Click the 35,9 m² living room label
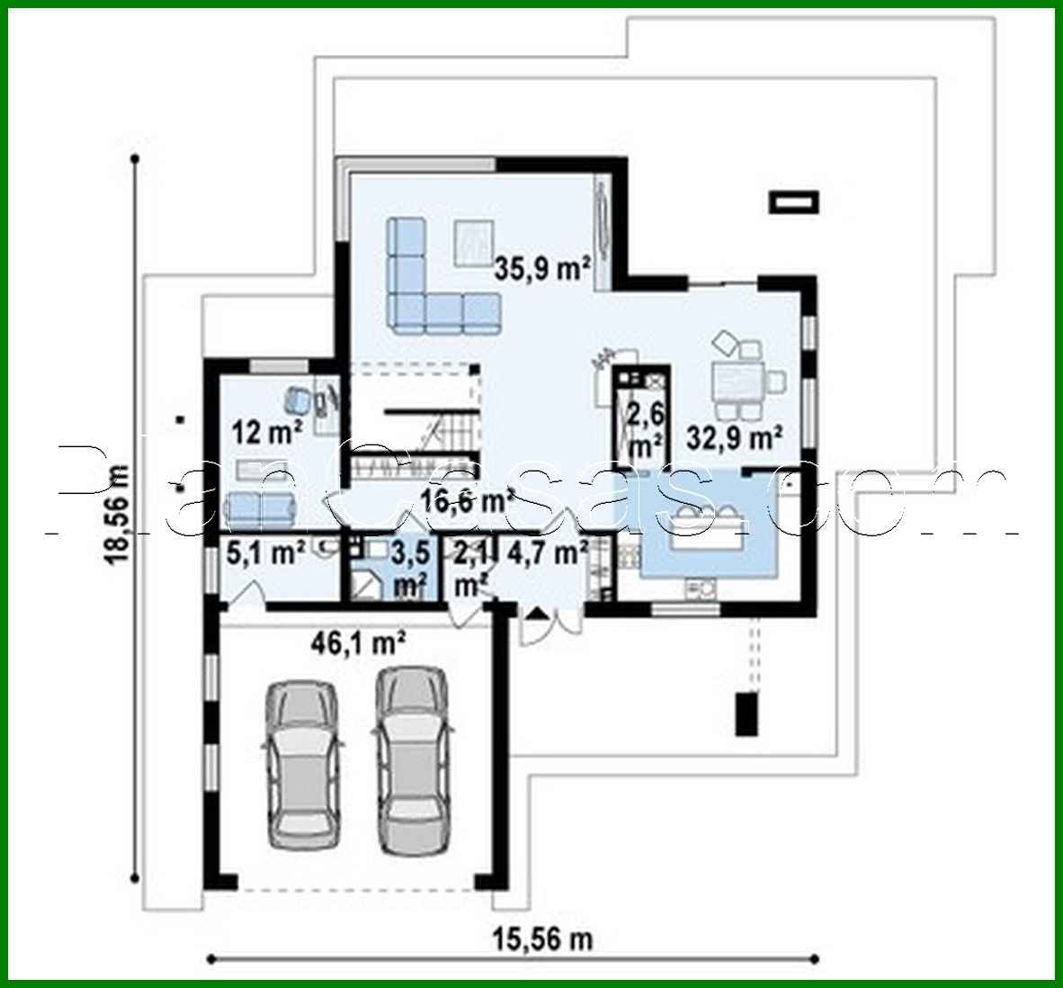542,267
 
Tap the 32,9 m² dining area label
734,438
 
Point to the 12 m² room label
268,433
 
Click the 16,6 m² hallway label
468,500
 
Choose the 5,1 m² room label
265,552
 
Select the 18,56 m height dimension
119,514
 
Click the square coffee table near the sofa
474,241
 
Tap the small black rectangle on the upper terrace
795,202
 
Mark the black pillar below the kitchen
746,713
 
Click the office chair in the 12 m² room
299,397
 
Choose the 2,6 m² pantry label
645,431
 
